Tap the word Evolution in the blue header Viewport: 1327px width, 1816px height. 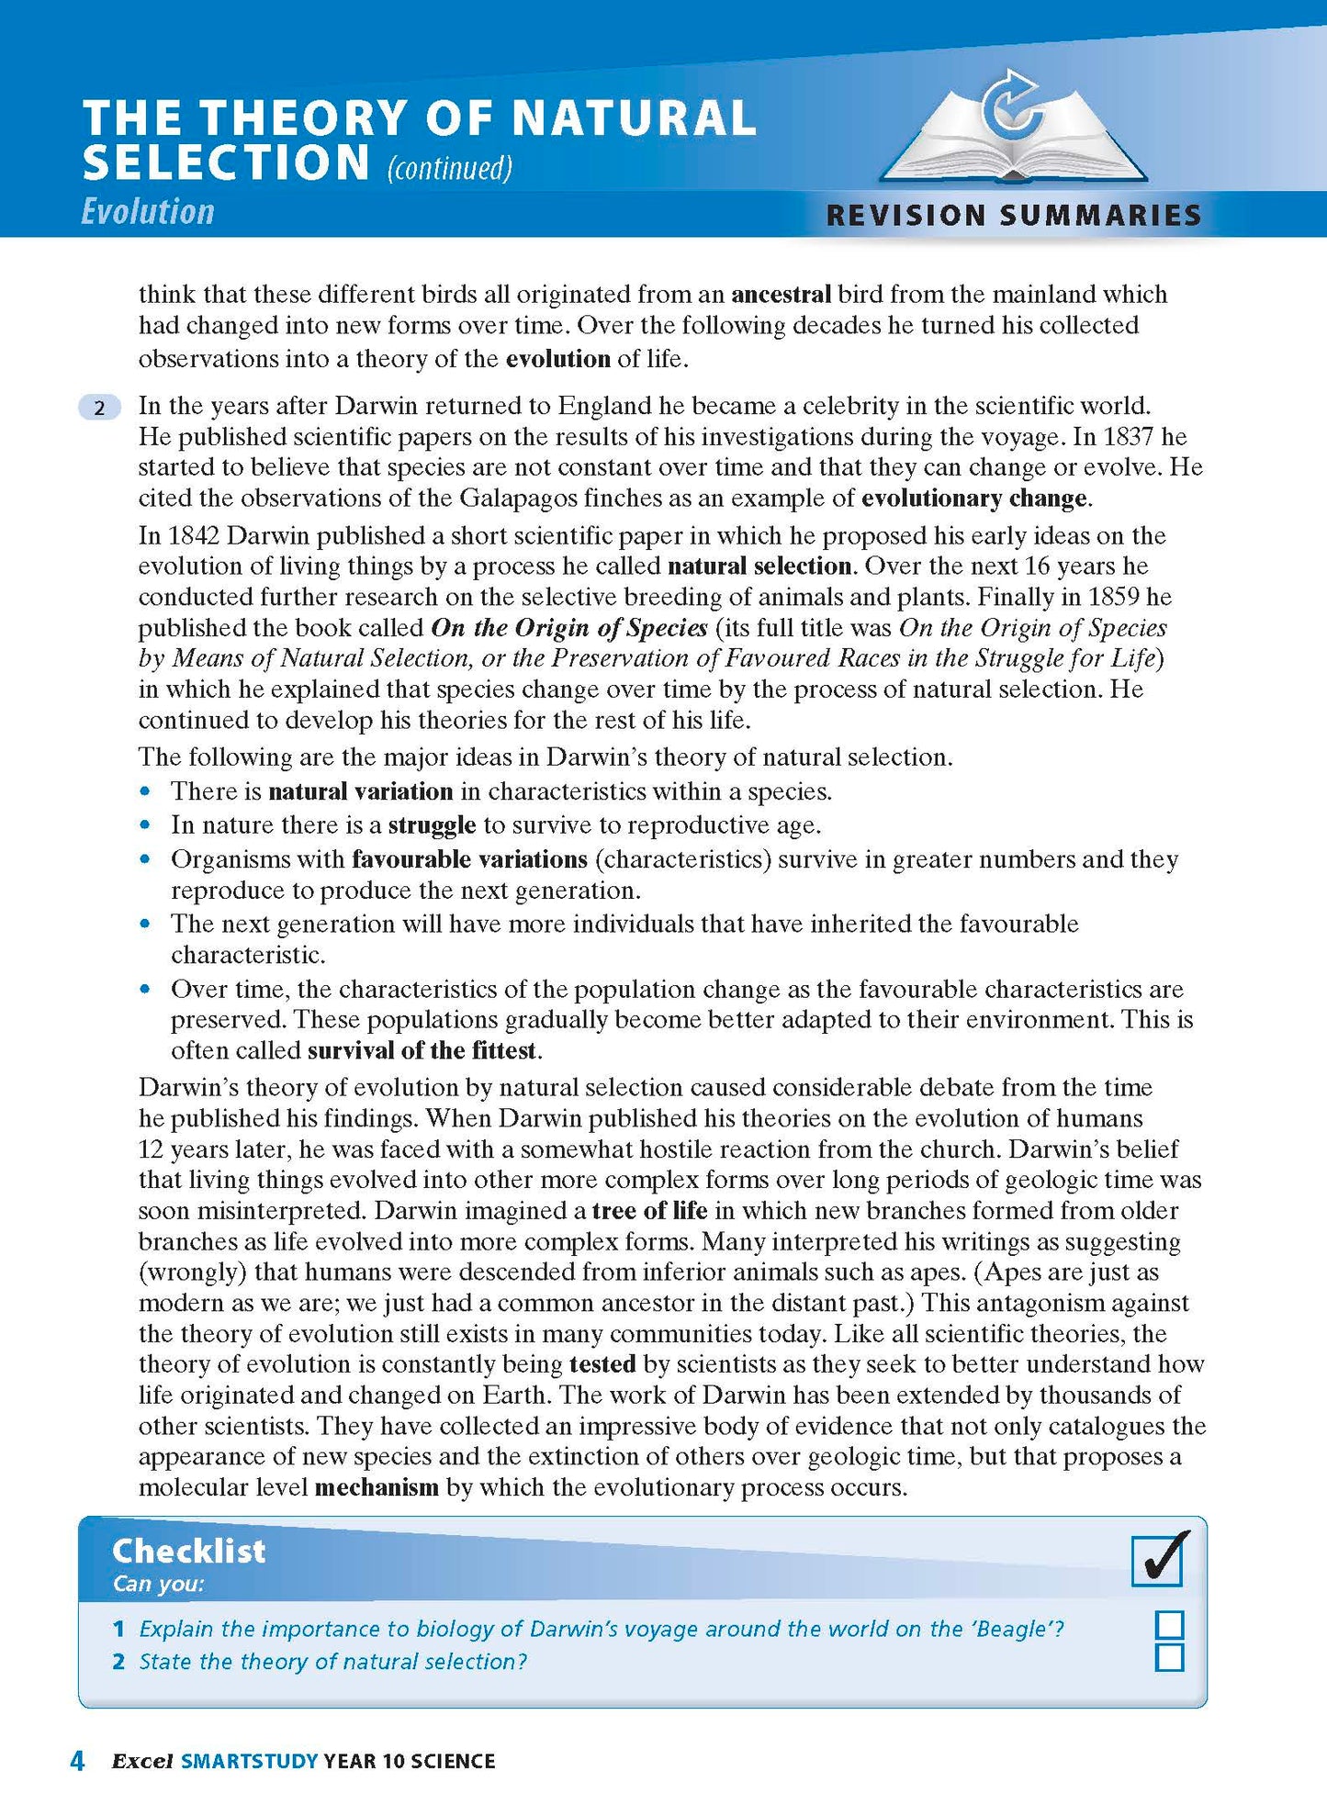point(148,212)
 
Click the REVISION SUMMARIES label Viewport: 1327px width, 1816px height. point(1014,216)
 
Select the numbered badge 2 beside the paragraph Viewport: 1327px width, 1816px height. point(100,408)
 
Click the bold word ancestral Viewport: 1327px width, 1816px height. point(781,295)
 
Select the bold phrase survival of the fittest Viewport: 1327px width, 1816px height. point(422,1050)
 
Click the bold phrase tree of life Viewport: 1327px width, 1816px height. point(649,1211)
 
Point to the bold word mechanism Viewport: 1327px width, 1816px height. point(377,1487)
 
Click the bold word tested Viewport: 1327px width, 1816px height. point(602,1364)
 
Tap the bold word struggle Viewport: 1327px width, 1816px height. point(432,825)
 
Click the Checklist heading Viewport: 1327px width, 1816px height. point(188,1551)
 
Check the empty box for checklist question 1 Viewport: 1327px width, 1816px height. point(1169,1626)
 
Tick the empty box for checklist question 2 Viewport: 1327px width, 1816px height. point(1169,1658)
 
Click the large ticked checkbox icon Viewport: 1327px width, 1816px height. point(1159,1559)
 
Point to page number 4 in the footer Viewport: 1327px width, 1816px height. point(78,1761)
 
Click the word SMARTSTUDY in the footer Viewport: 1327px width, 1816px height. point(250,1762)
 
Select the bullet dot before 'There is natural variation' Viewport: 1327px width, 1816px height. point(144,791)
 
